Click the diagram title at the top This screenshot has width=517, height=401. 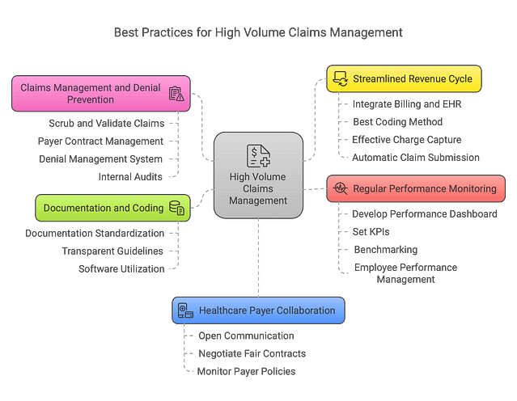257,34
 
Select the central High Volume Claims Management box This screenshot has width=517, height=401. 258,175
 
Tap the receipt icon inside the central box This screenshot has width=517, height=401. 258,155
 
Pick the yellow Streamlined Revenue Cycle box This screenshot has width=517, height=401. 405,79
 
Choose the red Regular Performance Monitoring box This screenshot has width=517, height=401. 416,188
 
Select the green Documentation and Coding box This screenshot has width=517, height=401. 112,208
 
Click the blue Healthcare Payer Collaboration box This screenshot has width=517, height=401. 259,310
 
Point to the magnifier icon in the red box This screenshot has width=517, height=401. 340,188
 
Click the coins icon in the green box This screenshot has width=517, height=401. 176,209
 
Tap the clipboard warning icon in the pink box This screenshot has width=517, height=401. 176,94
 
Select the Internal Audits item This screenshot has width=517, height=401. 130,175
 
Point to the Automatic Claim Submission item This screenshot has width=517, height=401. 416,157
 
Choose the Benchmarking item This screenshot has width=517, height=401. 385,249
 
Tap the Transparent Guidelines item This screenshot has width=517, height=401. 114,251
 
